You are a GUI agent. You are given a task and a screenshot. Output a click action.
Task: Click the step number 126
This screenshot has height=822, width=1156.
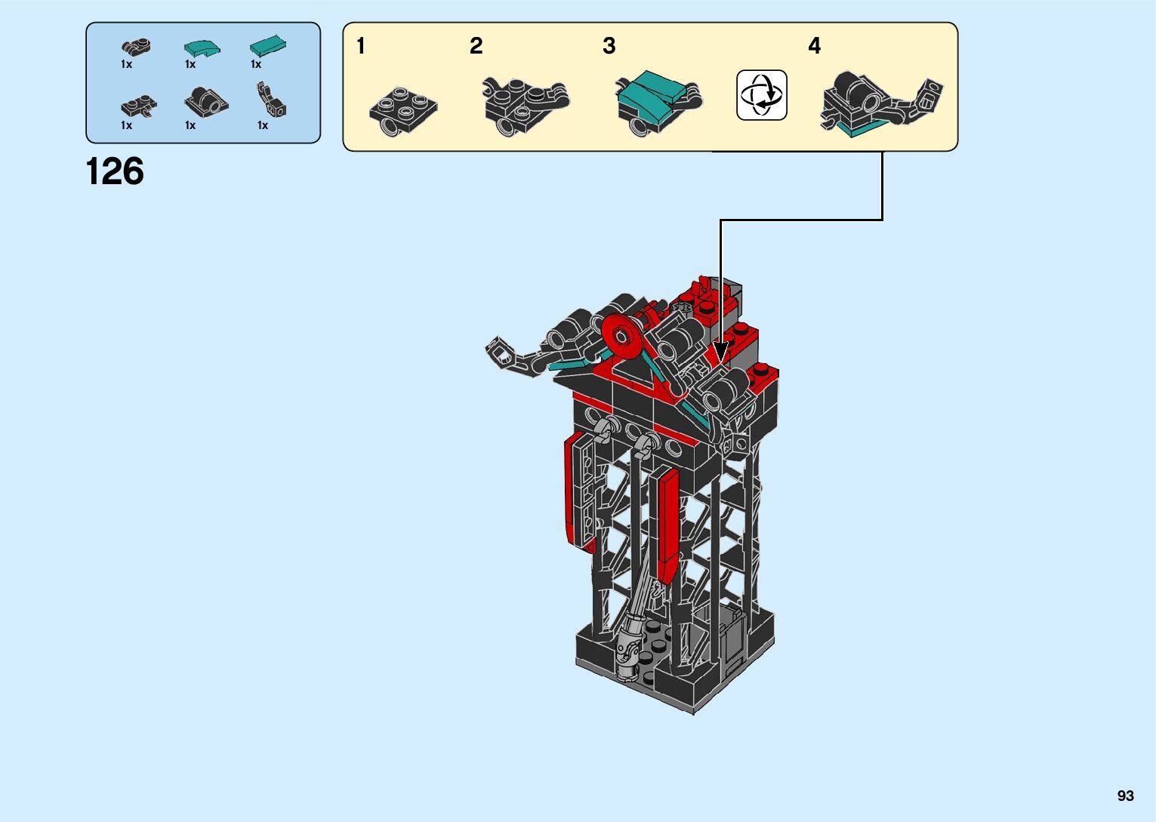(x=115, y=171)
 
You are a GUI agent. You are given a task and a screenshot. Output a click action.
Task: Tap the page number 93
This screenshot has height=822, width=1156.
(x=1126, y=796)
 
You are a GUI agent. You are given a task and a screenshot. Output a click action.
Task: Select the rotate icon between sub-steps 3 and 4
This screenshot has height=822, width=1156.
(x=762, y=95)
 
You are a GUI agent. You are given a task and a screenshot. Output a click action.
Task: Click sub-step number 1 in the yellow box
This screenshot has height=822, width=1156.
(x=361, y=46)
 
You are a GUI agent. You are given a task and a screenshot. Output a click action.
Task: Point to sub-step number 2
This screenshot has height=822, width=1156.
(x=476, y=46)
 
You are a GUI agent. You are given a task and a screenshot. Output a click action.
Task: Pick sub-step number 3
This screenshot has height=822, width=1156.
(x=609, y=46)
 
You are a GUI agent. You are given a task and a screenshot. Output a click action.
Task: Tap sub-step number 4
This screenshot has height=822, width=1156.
(x=815, y=46)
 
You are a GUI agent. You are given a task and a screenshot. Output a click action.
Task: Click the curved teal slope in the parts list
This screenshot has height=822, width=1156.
(x=202, y=48)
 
